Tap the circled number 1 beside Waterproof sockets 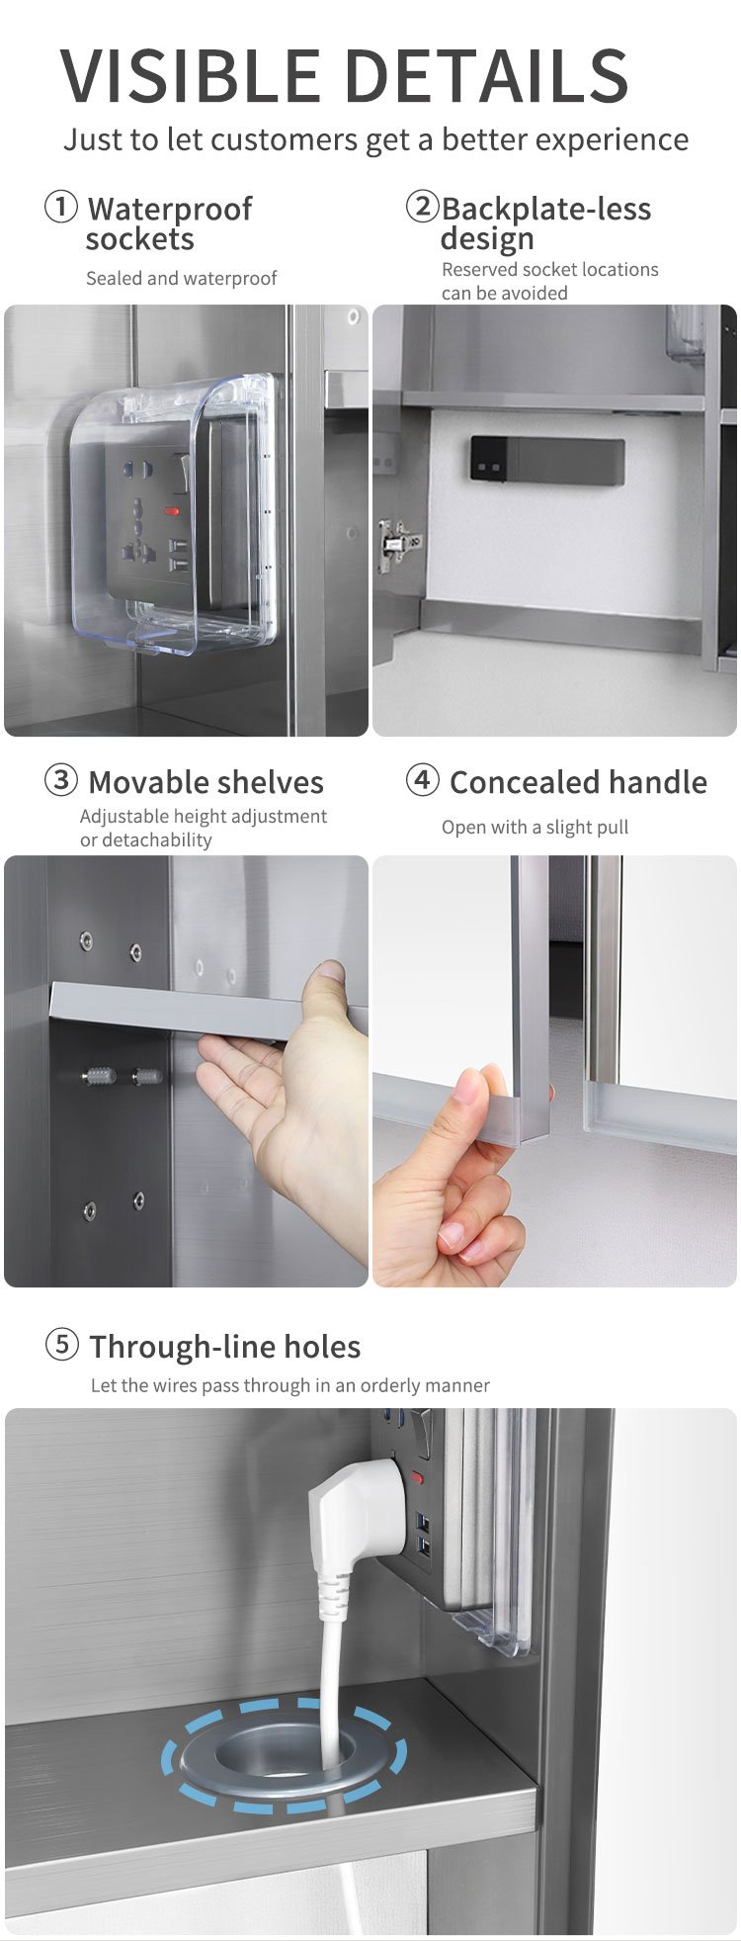point(61,208)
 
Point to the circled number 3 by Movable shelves point(61,780)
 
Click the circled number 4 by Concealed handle point(423,779)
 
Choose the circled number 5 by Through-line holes point(61,1344)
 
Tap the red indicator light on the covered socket point(172,511)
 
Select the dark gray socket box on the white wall point(547,462)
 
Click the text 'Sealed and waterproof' point(181,279)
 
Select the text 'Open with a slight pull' point(535,827)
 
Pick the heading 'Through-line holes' point(225,1347)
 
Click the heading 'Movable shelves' point(206,782)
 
